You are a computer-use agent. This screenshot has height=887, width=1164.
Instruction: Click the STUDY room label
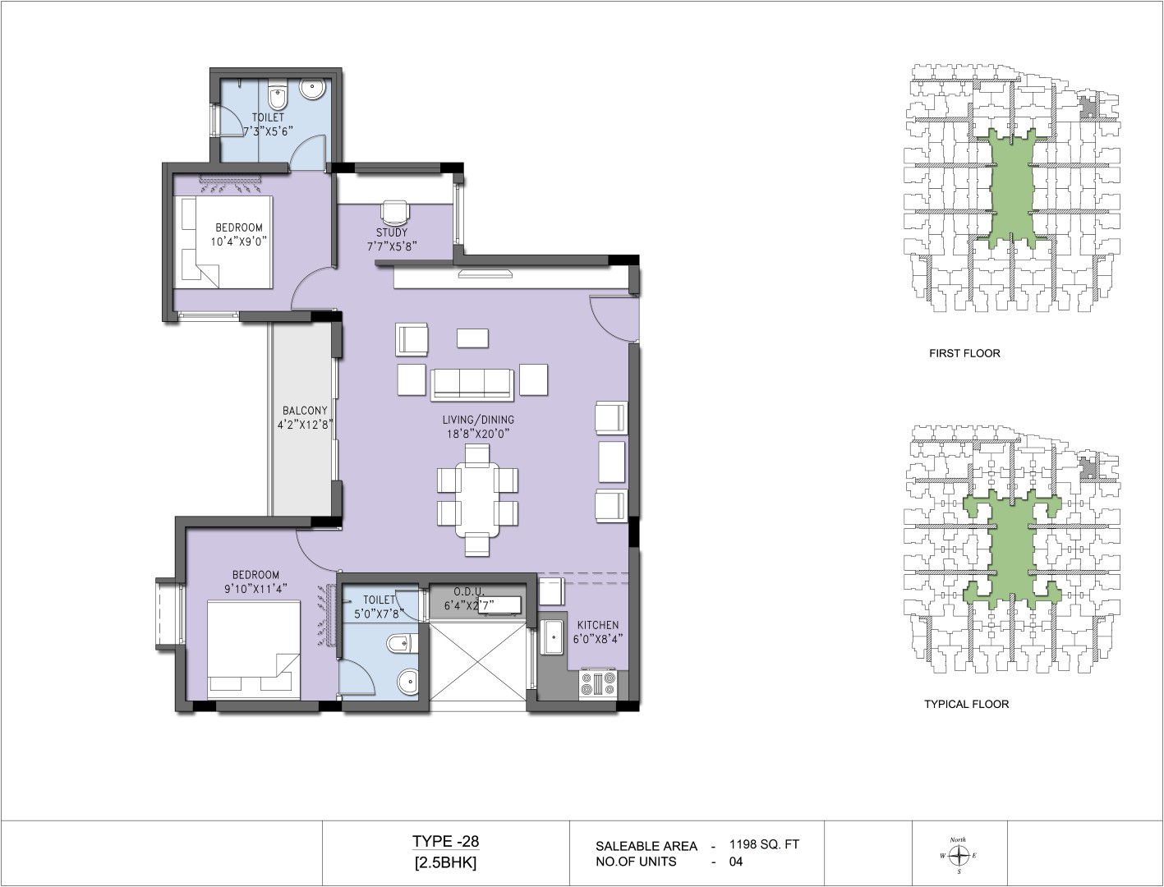click(x=392, y=232)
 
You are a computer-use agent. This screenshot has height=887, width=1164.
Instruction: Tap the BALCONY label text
click(x=305, y=411)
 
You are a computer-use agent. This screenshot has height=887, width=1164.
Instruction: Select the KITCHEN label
click(x=598, y=625)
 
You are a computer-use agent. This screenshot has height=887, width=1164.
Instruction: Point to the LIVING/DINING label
click(x=478, y=420)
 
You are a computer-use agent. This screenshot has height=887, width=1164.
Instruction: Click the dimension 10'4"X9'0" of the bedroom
click(x=238, y=241)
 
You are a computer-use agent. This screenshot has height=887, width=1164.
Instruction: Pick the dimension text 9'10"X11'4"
click(x=256, y=587)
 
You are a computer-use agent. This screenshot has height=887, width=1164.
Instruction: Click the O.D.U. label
click(x=467, y=591)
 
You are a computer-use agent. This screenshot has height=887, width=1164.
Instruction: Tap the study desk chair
click(x=395, y=213)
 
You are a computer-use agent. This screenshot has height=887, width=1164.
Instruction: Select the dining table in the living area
click(x=478, y=500)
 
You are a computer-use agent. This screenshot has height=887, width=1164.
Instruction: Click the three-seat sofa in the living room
click(x=472, y=384)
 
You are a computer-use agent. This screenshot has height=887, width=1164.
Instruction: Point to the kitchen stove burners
click(x=598, y=684)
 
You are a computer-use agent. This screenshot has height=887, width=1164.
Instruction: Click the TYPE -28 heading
click(x=445, y=841)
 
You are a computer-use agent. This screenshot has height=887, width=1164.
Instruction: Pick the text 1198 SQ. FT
click(x=764, y=844)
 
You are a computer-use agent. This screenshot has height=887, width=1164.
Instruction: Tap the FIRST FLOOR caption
click(x=964, y=353)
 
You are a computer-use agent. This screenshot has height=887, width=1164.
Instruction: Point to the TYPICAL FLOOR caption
click(x=967, y=704)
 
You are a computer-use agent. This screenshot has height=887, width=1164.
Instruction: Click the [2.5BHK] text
click(x=445, y=863)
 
